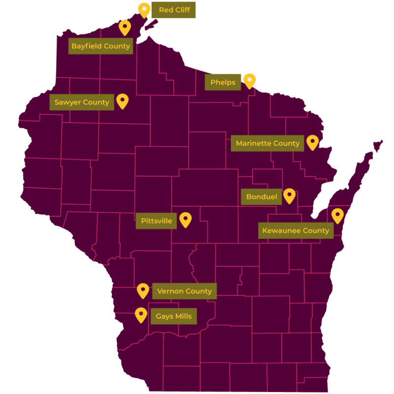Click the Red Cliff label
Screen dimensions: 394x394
[174, 10]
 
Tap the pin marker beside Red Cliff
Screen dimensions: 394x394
[144, 9]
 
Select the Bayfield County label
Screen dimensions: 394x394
[100, 46]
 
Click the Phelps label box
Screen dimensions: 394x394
[223, 82]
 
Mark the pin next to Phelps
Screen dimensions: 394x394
[250, 80]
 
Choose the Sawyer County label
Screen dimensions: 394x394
[82, 102]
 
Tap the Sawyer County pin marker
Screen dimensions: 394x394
[122, 100]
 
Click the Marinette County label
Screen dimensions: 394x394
[267, 143]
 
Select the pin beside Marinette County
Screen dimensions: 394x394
[312, 142]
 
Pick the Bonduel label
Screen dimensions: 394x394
[262, 197]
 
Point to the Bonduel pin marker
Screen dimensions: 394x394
[289, 196]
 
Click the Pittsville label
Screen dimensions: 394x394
[157, 221]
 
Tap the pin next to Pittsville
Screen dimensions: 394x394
[185, 219]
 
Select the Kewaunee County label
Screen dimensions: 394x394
[295, 230]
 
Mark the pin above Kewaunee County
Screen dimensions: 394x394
[337, 215]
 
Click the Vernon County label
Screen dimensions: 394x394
[184, 291]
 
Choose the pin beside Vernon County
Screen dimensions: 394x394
[143, 290]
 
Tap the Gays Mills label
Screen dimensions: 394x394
[173, 316]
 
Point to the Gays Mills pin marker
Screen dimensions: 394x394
[141, 314]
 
